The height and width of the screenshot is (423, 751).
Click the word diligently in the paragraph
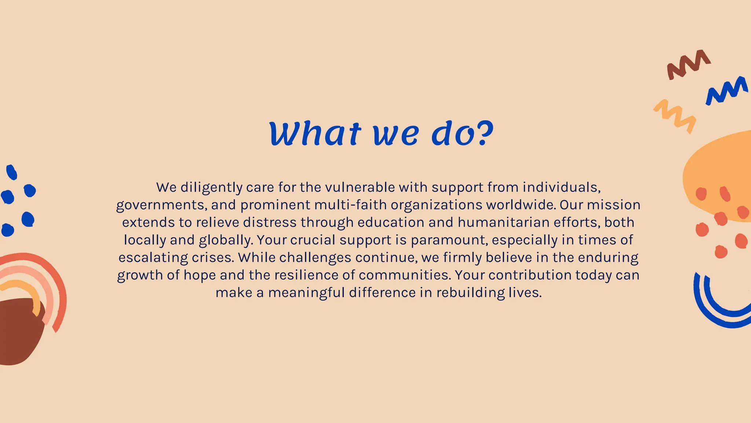tap(211, 188)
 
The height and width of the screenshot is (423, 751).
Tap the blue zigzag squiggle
tap(726, 90)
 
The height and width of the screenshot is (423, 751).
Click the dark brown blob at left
tap(18, 330)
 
